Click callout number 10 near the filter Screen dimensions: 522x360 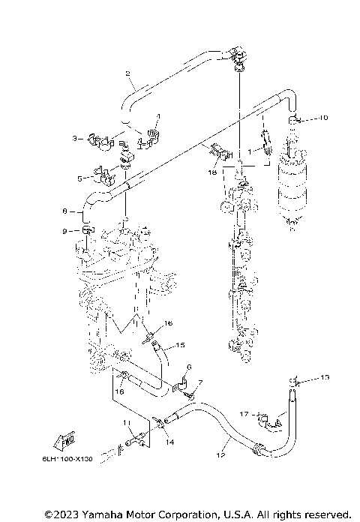(323, 118)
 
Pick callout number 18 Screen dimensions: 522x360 (213, 172)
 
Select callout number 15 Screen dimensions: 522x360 (180, 346)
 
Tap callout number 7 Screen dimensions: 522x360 (199, 382)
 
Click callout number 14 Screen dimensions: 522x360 (170, 443)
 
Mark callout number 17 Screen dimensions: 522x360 (243, 413)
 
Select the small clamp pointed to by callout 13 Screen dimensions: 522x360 (295, 382)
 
